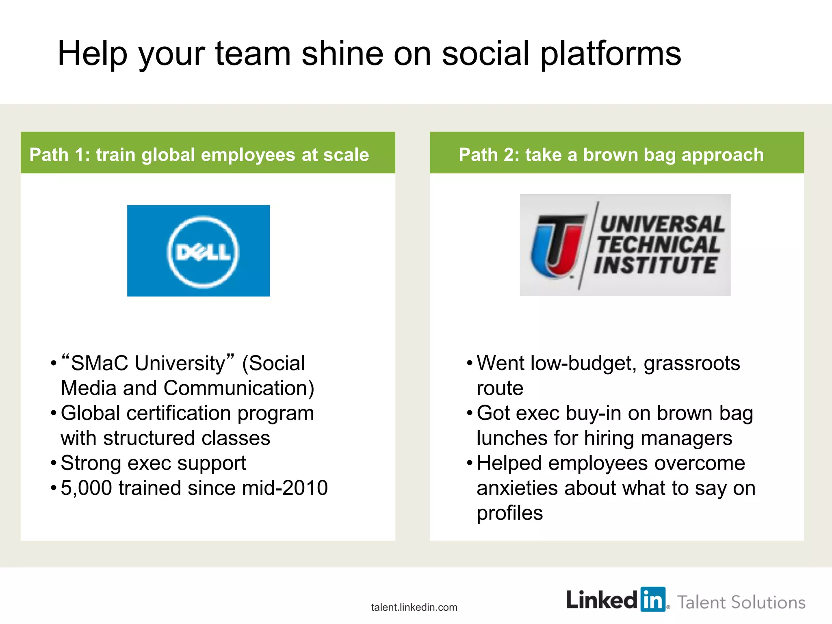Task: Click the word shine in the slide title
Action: click(x=342, y=54)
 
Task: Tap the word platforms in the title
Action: click(x=610, y=54)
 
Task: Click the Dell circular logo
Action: click(x=203, y=252)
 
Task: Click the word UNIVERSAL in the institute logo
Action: click(x=662, y=225)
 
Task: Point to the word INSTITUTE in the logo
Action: click(x=655, y=265)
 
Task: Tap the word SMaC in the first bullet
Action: click(x=99, y=363)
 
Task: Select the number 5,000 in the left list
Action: click(x=86, y=488)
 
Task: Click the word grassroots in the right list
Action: click(x=691, y=363)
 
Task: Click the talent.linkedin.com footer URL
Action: click(x=414, y=607)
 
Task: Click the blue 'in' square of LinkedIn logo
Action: click(x=653, y=599)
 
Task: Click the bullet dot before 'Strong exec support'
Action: click(x=53, y=463)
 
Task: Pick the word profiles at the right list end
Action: click(x=509, y=513)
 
